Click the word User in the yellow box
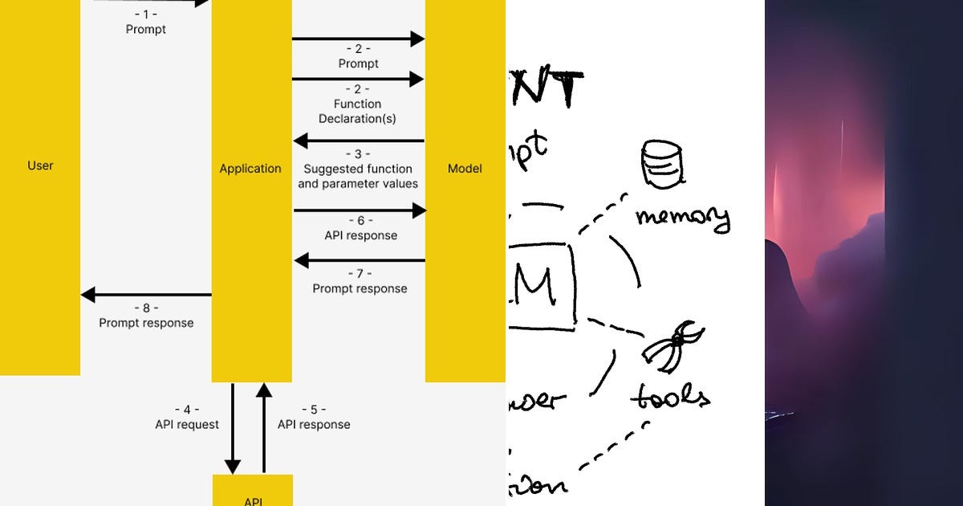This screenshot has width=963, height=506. (x=40, y=165)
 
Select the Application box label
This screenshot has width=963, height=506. (x=250, y=169)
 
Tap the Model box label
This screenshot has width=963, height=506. (x=465, y=169)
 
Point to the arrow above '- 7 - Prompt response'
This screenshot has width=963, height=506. (x=359, y=260)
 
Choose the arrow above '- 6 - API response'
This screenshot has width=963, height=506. (x=359, y=210)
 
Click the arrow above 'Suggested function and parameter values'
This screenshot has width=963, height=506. (x=359, y=141)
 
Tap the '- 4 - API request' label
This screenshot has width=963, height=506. (x=187, y=417)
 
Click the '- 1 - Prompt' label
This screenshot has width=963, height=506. (x=145, y=22)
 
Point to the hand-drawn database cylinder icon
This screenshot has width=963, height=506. (x=660, y=164)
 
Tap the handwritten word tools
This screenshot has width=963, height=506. (x=669, y=395)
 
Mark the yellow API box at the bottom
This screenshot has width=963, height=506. (x=252, y=491)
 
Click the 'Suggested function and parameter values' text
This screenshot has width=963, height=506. (x=358, y=176)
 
